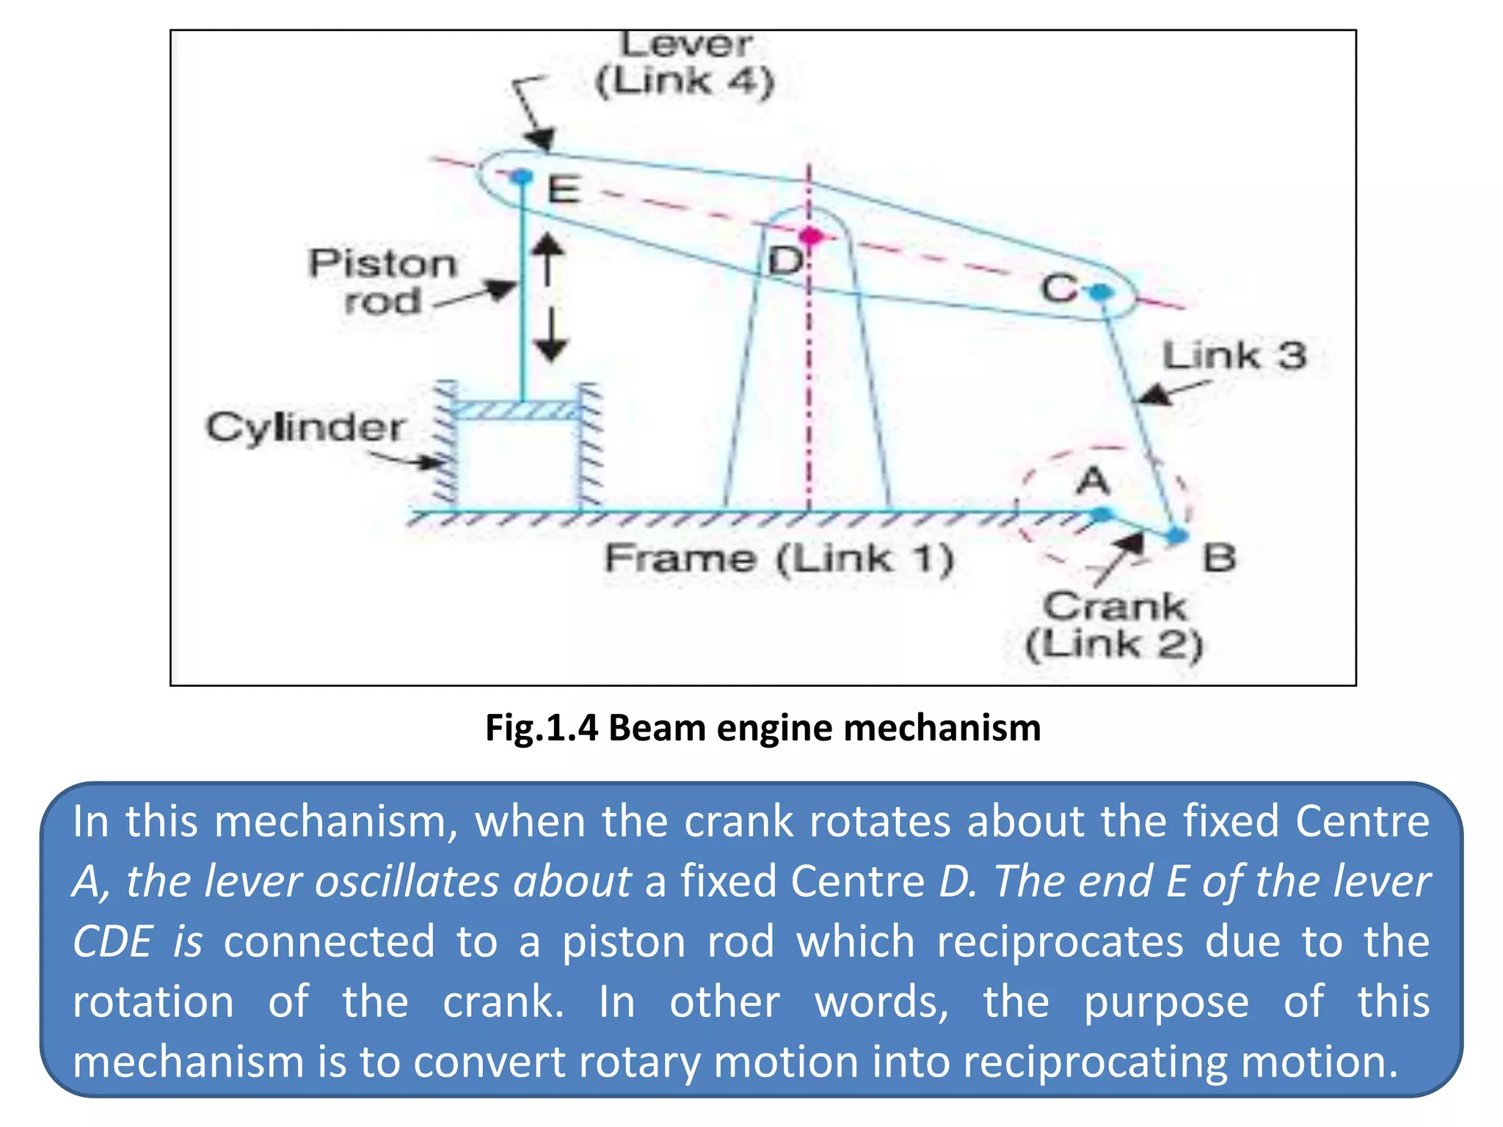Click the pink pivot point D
[x=810, y=236]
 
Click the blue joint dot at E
[x=522, y=177]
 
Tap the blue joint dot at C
[x=1101, y=293]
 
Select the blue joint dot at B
[x=1176, y=536]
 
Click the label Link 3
[x=1234, y=356]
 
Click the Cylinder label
[x=305, y=428]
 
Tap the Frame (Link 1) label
[x=779, y=558]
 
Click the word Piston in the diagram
[x=382, y=263]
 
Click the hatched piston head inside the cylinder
[x=518, y=410]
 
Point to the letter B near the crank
[x=1219, y=559]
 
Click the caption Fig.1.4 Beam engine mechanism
[x=763, y=728]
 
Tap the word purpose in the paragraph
[x=1166, y=1002]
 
